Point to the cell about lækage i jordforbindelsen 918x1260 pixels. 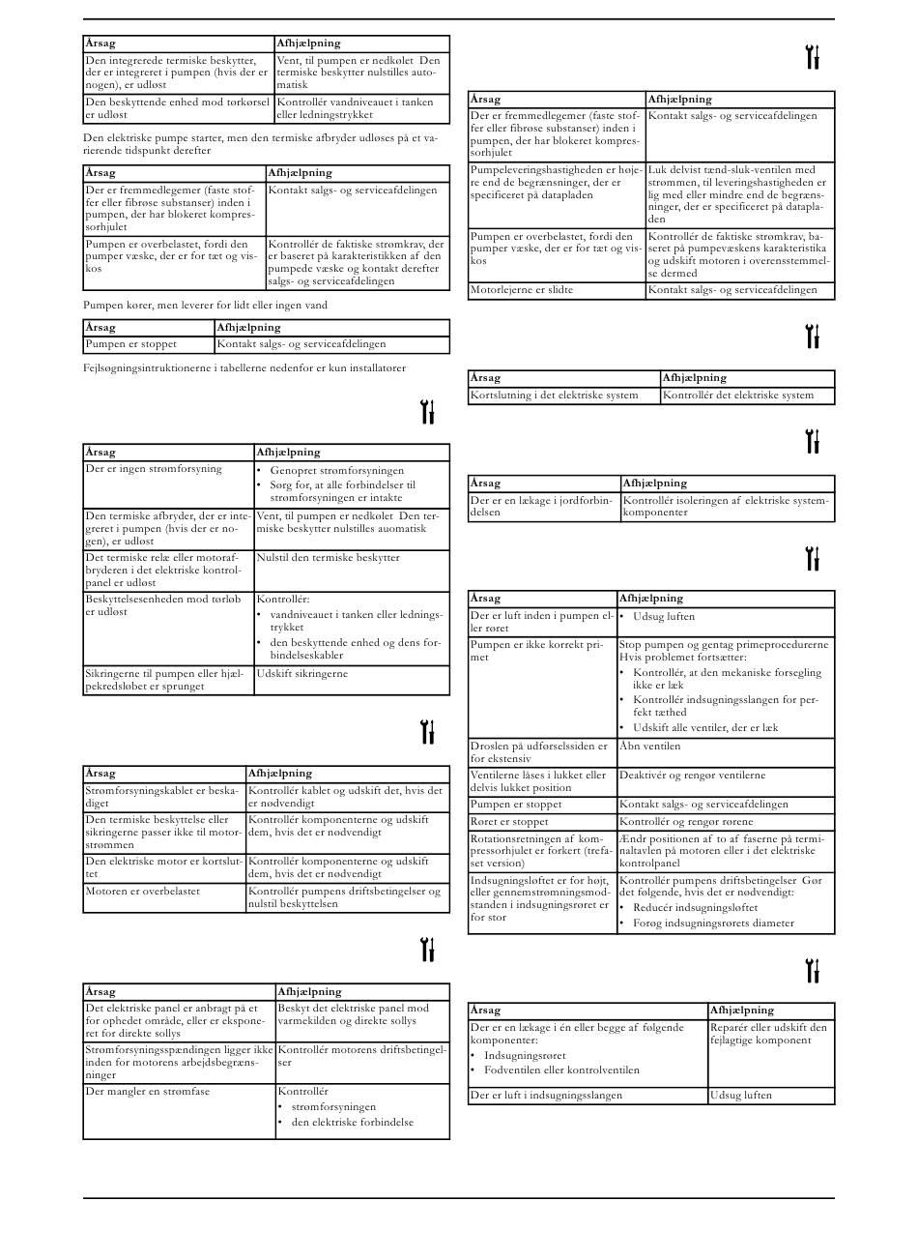pos(544,507)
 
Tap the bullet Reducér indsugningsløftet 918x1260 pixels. pos(696,908)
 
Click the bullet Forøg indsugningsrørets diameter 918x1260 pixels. pos(713,923)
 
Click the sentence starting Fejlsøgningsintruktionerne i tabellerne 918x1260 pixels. pos(244,368)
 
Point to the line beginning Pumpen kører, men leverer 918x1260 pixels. pos(205,306)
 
